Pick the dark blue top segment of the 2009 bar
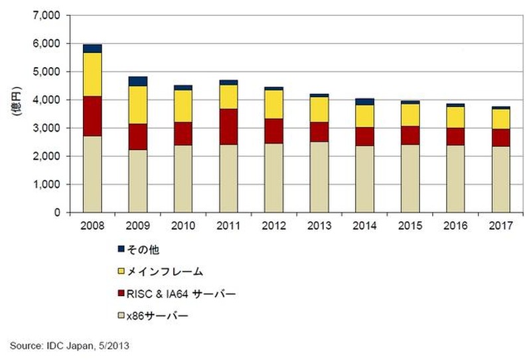click(138, 81)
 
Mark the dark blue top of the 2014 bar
click(365, 102)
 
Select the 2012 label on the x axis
click(274, 225)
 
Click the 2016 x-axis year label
click(456, 225)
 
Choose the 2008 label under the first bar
click(92, 225)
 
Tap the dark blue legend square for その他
click(121, 248)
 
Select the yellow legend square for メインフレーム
click(121, 272)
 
